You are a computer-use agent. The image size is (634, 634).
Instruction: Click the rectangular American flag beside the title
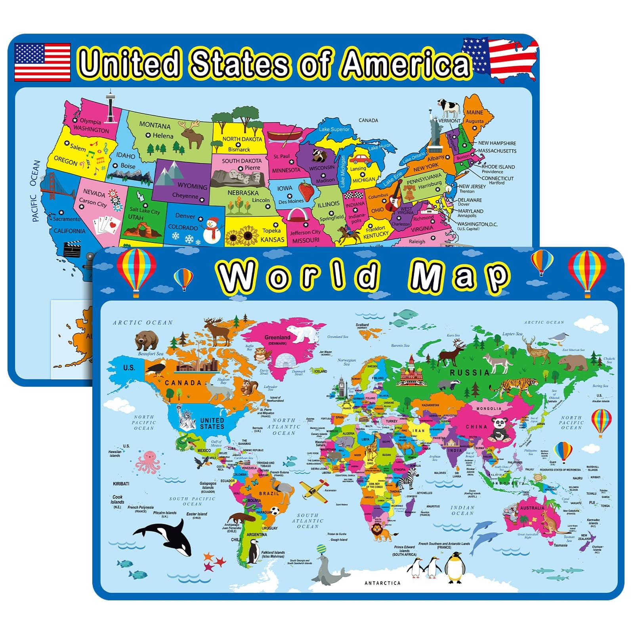pyautogui.click(x=42, y=62)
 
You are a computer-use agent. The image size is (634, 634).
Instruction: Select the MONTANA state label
pyautogui.click(x=155, y=126)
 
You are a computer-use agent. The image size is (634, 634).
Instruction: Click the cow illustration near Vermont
pyautogui.click(x=449, y=108)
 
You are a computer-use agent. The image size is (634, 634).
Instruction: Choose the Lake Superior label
pyautogui.click(x=334, y=129)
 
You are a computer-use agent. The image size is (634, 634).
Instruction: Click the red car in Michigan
pyautogui.click(x=360, y=159)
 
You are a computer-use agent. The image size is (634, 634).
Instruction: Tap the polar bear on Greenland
pyautogui.click(x=303, y=334)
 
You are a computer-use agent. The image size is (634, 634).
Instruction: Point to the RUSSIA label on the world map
pyautogui.click(x=470, y=372)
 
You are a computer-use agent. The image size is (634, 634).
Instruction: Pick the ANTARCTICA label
pyautogui.click(x=382, y=583)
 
